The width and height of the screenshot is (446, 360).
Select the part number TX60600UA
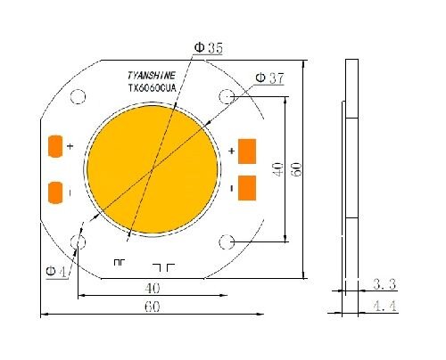(153, 89)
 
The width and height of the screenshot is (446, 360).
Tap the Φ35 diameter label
(208, 49)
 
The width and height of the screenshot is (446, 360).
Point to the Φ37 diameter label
(269, 78)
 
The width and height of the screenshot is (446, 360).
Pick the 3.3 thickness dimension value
(384, 285)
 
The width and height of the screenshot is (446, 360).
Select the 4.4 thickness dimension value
(384, 307)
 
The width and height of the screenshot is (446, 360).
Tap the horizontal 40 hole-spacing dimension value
(153, 289)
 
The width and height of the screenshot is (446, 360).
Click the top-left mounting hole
(78, 98)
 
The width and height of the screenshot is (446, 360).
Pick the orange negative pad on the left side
(54, 192)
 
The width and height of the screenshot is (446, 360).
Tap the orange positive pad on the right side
(247, 151)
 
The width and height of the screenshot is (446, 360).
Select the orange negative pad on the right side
(247, 187)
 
